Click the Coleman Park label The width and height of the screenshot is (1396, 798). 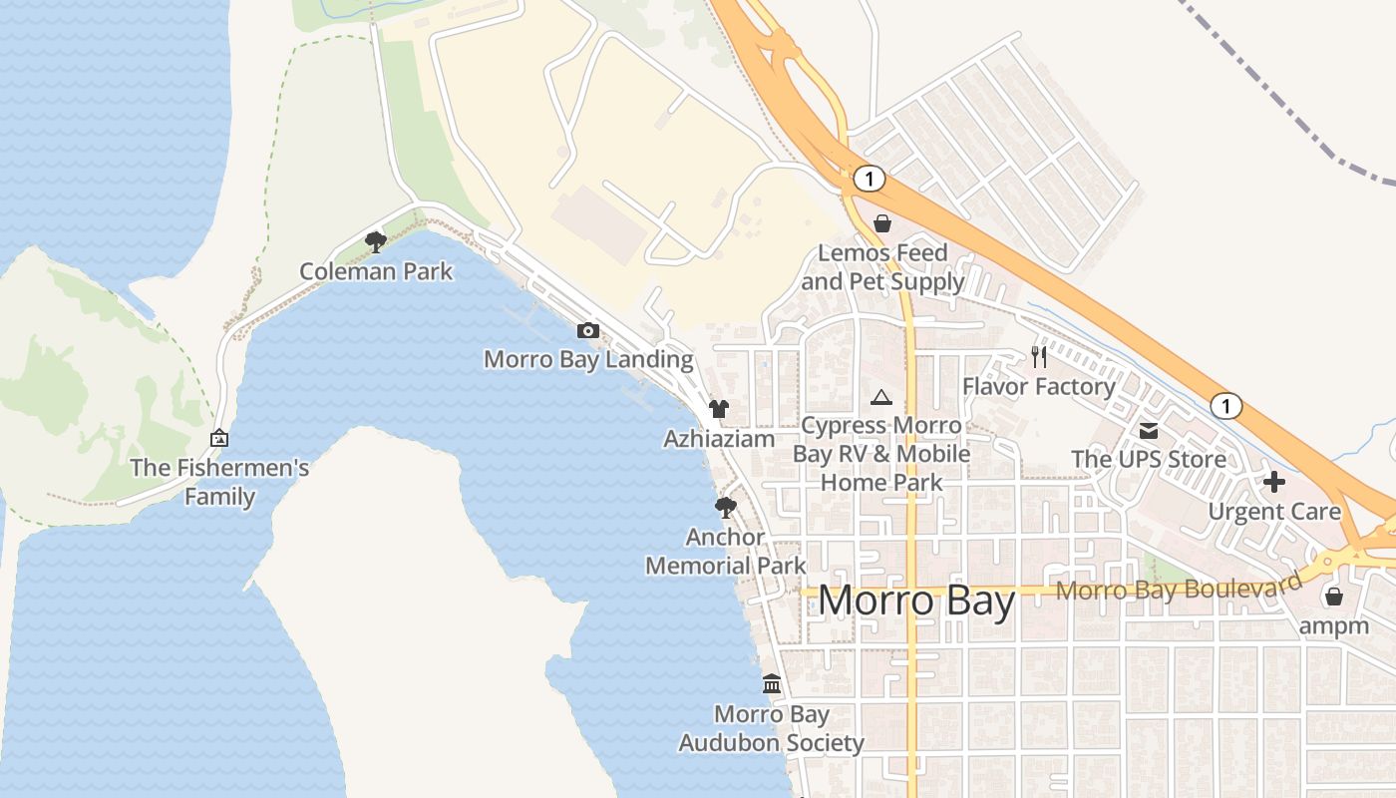pyautogui.click(x=376, y=271)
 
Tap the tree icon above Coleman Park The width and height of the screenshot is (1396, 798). pyautogui.click(x=376, y=240)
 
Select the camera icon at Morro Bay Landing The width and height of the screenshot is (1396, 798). pyautogui.click(x=588, y=330)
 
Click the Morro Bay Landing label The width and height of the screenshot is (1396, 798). pyautogui.click(x=588, y=359)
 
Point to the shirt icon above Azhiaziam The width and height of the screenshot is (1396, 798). pyautogui.click(x=719, y=409)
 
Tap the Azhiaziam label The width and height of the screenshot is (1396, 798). pyautogui.click(x=719, y=439)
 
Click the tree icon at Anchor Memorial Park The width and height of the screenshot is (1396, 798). pyautogui.click(x=726, y=508)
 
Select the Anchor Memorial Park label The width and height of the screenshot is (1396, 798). pyautogui.click(x=726, y=552)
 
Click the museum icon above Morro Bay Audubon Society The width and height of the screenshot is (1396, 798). pyautogui.click(x=772, y=684)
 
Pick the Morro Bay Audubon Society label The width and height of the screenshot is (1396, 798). pyautogui.click(x=772, y=729)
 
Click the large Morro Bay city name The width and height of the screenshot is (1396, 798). pyautogui.click(x=916, y=601)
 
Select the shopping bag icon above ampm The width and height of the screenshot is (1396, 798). pyautogui.click(x=1334, y=597)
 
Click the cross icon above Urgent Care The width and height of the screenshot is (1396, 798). pyautogui.click(x=1274, y=482)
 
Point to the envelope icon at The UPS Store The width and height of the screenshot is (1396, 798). pyautogui.click(x=1149, y=430)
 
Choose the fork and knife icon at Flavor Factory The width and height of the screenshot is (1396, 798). pyautogui.click(x=1039, y=356)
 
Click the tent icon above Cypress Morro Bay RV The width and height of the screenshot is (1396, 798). pyautogui.click(x=880, y=398)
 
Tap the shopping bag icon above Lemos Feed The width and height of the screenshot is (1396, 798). pyautogui.click(x=882, y=223)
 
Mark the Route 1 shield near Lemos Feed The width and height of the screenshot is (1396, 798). pyautogui.click(x=870, y=179)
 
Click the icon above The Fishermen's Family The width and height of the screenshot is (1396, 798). pyautogui.click(x=219, y=438)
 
